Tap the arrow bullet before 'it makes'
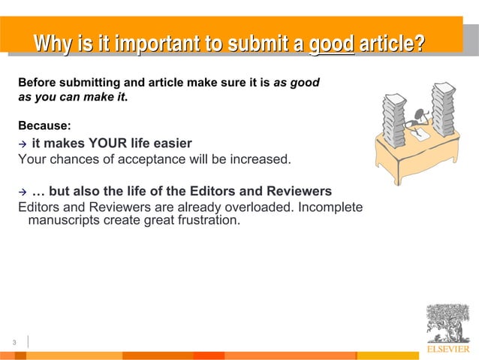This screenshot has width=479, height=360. [x=23, y=144]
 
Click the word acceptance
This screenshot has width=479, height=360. [x=147, y=159]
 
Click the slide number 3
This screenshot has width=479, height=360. [x=14, y=343]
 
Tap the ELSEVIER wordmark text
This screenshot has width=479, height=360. [x=448, y=349]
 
